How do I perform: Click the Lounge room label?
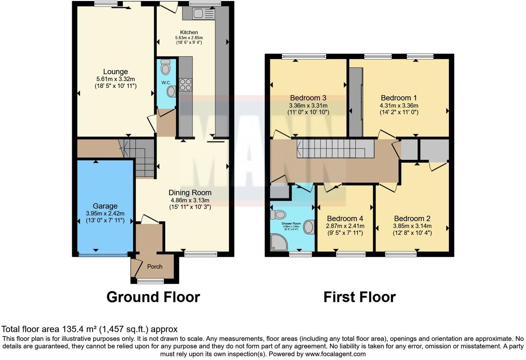(x=116, y=72)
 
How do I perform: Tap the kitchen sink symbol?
(x=199, y=14)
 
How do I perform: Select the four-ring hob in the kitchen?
(x=185, y=84)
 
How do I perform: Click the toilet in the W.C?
(x=166, y=67)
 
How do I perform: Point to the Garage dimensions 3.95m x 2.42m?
(x=105, y=214)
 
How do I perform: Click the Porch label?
(x=155, y=267)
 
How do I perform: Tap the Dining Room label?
(x=190, y=193)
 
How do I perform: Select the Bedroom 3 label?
(x=308, y=98)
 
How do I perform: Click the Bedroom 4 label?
(x=345, y=218)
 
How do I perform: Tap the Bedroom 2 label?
(x=412, y=218)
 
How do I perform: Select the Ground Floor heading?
(x=153, y=297)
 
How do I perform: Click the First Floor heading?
(x=359, y=297)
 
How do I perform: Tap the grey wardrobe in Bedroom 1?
(x=355, y=102)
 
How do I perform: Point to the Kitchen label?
(x=189, y=32)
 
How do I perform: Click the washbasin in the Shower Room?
(x=308, y=227)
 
